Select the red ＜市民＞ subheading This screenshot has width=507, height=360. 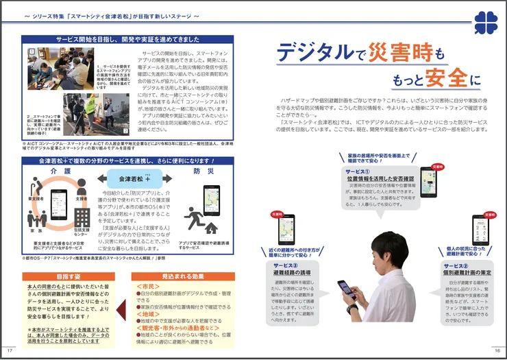click(x=149, y=286)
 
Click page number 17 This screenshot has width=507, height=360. click(x=10, y=349)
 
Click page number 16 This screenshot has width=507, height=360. click(x=497, y=349)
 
